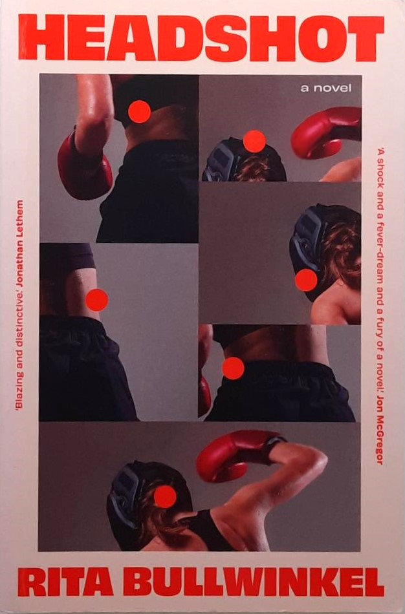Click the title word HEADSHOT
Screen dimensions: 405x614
tap(201, 38)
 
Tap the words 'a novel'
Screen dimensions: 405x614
tap(326, 88)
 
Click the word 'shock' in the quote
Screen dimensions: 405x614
tap(380, 172)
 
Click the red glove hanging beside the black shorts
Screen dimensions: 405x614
tap(84, 164)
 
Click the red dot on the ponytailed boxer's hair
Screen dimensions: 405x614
tap(165, 496)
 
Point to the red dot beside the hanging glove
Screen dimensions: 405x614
tap(139, 112)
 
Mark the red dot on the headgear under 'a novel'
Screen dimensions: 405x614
tap(254, 141)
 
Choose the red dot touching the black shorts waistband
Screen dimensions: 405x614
tap(233, 368)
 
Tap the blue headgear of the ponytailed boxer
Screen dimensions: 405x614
tap(125, 496)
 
